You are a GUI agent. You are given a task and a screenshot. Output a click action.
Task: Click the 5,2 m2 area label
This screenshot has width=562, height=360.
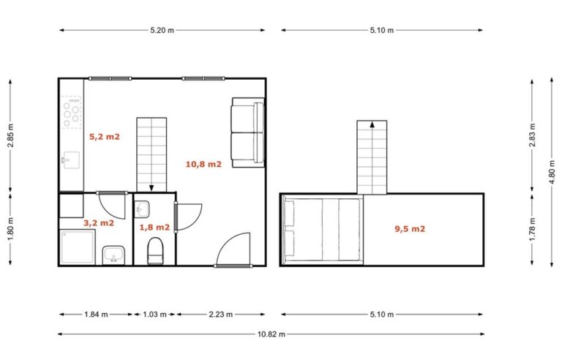point(105,137)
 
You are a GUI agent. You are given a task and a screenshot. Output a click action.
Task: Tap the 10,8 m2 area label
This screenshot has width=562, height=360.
point(203,164)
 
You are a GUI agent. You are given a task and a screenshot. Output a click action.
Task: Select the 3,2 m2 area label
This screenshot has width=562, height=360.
point(99,223)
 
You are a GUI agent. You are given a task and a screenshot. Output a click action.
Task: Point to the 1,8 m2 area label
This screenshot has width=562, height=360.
point(154,228)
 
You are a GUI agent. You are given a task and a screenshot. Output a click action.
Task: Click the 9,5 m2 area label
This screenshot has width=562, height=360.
point(410,229)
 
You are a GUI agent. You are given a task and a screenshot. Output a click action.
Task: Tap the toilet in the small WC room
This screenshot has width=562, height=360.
point(156,251)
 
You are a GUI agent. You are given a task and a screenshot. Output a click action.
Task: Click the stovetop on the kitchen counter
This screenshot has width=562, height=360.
point(71,112)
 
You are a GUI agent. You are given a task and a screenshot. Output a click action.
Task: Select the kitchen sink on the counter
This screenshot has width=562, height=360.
point(71,160)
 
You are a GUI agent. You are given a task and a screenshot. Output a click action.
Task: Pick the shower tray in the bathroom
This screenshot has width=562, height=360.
point(78,247)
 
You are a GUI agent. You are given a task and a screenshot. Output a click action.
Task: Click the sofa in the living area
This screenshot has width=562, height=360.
point(248,132)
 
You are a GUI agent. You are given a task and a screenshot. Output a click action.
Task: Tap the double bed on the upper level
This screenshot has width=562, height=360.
point(321,230)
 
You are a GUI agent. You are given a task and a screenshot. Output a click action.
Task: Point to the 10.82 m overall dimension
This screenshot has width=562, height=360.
point(271,334)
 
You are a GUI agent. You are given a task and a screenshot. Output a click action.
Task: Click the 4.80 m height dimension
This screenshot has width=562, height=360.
point(552,172)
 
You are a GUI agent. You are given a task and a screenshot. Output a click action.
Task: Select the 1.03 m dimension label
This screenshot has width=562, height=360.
point(154,315)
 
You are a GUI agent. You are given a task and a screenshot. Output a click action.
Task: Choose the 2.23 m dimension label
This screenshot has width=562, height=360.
point(220,315)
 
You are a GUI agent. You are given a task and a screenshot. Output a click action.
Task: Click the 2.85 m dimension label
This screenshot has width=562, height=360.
point(10,135)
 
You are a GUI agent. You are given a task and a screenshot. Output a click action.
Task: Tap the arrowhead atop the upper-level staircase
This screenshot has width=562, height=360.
point(372,124)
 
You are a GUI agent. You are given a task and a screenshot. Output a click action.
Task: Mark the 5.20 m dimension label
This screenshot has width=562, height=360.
point(162,31)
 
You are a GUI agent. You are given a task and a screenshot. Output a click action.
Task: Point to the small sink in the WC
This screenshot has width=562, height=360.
point(141,209)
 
